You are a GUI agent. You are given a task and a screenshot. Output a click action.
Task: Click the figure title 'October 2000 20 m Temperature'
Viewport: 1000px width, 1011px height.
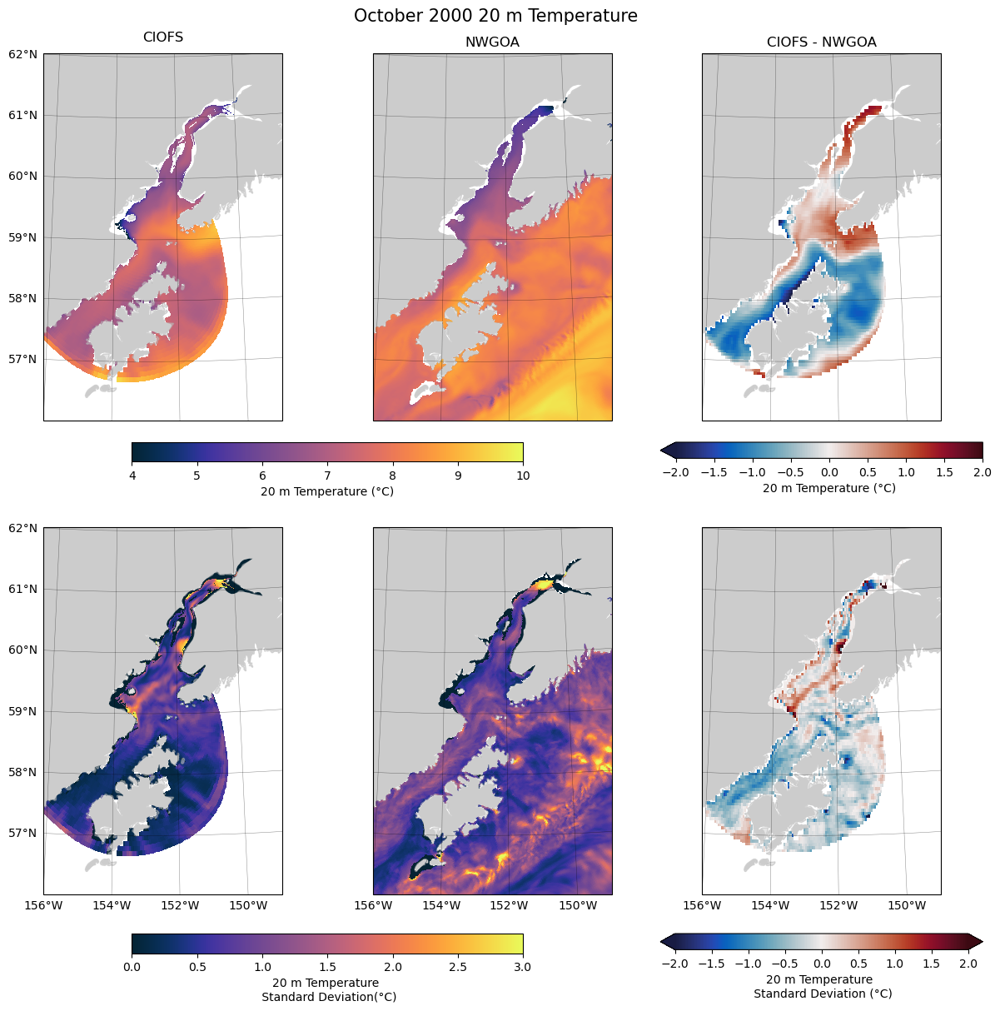[x=495, y=16]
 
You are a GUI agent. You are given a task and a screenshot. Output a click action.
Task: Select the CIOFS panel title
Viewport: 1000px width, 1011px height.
[x=163, y=37]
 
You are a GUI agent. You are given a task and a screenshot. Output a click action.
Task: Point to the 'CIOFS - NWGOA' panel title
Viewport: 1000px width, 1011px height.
[x=821, y=42]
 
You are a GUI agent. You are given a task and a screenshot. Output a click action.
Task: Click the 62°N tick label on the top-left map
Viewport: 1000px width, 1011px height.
[x=23, y=54]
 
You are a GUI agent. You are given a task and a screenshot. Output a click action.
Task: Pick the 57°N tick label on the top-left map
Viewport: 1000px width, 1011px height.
[x=23, y=359]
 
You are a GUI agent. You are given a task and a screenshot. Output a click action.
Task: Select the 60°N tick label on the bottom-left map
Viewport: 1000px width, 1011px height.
[x=23, y=650]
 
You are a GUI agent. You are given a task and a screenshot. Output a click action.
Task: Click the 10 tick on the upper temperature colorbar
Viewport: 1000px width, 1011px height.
[x=523, y=476]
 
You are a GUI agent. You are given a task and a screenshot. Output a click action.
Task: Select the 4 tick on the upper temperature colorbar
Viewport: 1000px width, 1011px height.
[x=132, y=476]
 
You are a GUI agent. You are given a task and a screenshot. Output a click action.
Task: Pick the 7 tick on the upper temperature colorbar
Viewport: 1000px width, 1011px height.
[x=327, y=476]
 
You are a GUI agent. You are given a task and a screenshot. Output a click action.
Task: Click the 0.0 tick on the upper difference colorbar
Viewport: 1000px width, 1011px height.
[x=829, y=472]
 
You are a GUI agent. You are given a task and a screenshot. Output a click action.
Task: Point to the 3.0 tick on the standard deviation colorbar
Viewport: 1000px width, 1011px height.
[x=523, y=967]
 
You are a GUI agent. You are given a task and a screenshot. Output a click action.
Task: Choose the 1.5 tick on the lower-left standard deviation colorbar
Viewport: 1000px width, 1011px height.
[x=327, y=967]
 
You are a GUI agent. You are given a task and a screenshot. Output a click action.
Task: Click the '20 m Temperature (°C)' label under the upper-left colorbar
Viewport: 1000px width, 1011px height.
[x=327, y=491]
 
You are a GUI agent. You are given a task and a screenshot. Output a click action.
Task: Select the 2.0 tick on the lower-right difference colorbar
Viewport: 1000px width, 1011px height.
[x=968, y=964]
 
